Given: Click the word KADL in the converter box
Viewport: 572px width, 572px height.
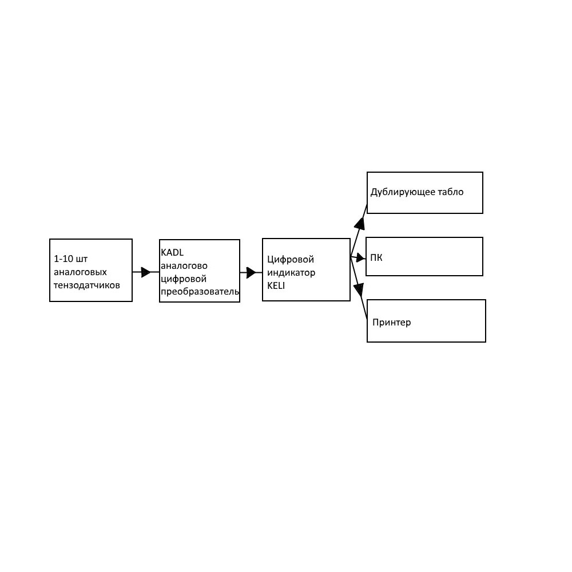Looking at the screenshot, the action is click(x=172, y=252).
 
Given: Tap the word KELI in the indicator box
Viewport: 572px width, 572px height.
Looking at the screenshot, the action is click(x=276, y=285).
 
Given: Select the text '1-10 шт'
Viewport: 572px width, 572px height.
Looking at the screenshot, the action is click(x=71, y=259).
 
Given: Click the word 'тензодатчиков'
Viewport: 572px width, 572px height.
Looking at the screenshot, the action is click(x=87, y=285).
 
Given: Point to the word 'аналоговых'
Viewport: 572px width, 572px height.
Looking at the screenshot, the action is click(x=80, y=272).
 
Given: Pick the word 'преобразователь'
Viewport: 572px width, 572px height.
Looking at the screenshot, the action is click(x=200, y=292).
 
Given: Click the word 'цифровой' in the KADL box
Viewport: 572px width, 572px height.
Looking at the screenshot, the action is click(x=184, y=279).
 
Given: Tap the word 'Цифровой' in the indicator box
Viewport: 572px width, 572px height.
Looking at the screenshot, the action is click(x=291, y=259).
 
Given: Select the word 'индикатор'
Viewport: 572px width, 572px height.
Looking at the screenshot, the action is click(x=291, y=272).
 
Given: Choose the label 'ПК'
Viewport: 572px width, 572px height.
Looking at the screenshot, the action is click(x=376, y=257).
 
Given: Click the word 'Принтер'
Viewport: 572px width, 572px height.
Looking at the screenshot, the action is click(x=391, y=323).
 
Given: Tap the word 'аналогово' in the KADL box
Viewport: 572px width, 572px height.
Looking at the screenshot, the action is click(x=184, y=265).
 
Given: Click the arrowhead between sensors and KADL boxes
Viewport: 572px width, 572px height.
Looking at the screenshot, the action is click(x=145, y=272).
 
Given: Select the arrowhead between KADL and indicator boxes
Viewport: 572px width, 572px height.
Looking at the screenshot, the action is click(x=251, y=272).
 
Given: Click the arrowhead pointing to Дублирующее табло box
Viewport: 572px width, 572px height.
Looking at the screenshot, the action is click(x=360, y=223).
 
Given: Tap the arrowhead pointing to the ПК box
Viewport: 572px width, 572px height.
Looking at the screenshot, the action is click(x=361, y=259).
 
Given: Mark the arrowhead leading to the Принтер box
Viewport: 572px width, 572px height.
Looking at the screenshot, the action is click(x=359, y=290).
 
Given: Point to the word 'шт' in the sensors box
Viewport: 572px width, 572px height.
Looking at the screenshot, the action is click(x=82, y=259).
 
